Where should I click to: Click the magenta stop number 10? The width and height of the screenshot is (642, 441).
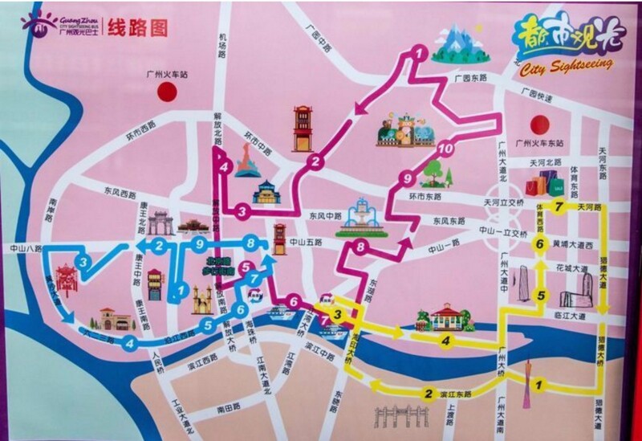pos(447,149)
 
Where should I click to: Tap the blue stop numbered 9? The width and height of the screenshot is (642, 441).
pos(201,243)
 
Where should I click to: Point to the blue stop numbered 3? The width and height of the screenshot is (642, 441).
pos(83,261)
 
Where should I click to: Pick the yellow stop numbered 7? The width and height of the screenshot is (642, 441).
pos(559,207)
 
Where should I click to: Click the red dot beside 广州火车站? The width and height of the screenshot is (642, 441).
pos(167,91)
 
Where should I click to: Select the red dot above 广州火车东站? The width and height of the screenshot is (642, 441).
pos(540,124)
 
